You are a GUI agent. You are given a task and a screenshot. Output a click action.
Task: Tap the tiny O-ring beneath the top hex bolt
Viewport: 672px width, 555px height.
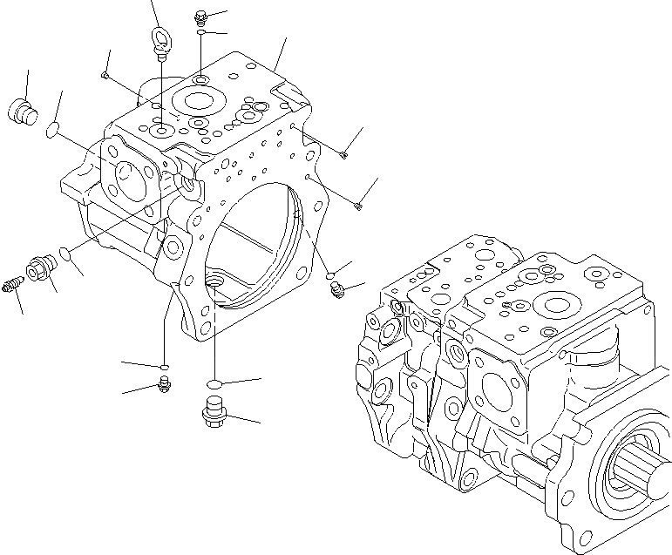click(x=200, y=33)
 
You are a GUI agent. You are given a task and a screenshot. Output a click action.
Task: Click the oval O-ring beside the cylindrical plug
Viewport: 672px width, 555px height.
click(x=52, y=132)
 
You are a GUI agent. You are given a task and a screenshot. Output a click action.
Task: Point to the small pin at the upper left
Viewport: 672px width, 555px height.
click(x=104, y=76)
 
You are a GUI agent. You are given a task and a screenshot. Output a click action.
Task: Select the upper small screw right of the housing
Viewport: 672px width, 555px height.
click(x=344, y=155)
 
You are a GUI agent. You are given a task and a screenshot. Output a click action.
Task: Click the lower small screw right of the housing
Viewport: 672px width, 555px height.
click(x=358, y=206)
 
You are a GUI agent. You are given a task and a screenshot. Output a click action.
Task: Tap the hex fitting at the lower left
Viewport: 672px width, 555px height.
click(x=39, y=270)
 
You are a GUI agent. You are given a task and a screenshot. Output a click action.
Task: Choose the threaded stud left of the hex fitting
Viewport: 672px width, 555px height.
click(x=14, y=284)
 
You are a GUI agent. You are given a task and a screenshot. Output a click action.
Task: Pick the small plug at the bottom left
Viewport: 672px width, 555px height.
click(x=164, y=385)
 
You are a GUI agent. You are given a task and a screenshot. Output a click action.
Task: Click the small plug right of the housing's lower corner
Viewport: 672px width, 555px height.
click(x=340, y=290)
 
